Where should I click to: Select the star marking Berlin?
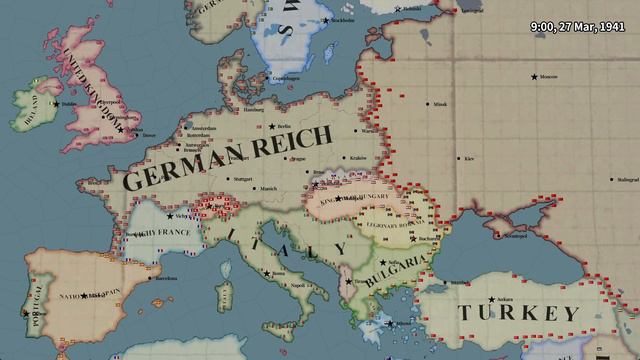coord(272,126)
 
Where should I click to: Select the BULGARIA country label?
coord(397,269)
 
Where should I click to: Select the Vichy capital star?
coord(169,215)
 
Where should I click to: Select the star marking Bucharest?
coord(413,237)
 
